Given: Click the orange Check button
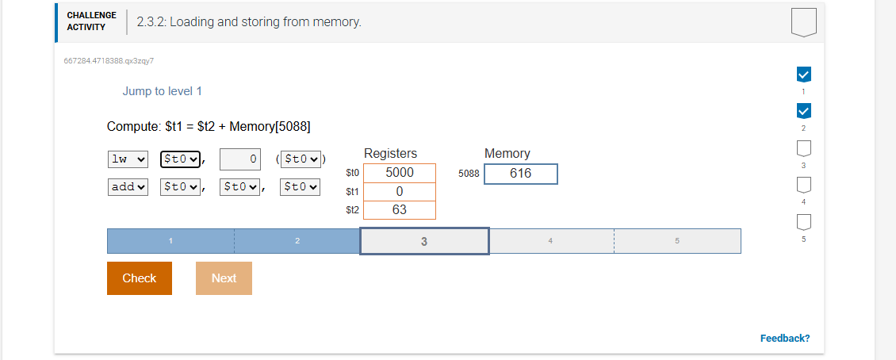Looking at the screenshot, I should (x=139, y=278).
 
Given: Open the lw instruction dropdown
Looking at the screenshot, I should (x=128, y=159).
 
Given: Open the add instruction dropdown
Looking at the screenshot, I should (x=128, y=187).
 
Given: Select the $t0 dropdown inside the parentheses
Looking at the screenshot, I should (x=301, y=159).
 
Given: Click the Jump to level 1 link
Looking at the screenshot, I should (x=162, y=91).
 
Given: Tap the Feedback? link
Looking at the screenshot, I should (x=784, y=339).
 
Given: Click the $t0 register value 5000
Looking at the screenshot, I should (x=399, y=173).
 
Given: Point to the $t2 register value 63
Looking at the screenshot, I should (x=399, y=210).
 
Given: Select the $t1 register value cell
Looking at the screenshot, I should (x=399, y=192).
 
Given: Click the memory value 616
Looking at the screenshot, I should (x=520, y=174).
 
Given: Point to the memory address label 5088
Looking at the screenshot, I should (x=469, y=174).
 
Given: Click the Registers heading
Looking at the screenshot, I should (x=390, y=153).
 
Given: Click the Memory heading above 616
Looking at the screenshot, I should (x=507, y=153).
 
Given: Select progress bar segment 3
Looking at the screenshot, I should (x=424, y=241).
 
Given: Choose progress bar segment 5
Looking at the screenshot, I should (x=677, y=241).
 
